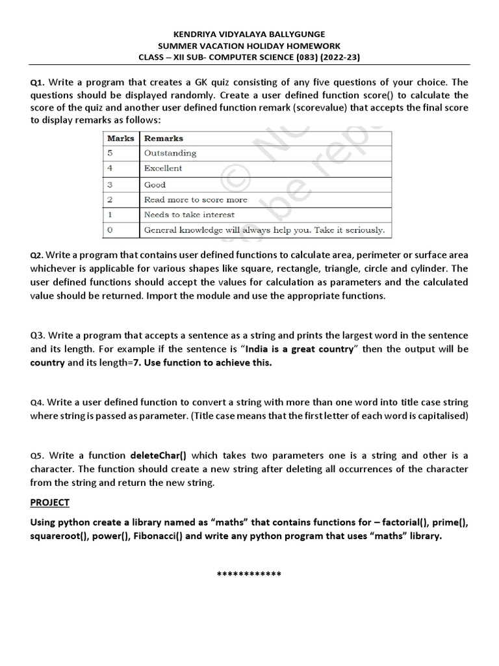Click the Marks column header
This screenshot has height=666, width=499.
pyautogui.click(x=120, y=139)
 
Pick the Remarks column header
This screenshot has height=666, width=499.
pyautogui.click(x=164, y=139)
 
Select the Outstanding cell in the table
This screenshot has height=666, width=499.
pyautogui.click(x=170, y=153)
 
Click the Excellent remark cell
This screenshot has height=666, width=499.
pyautogui.click(x=163, y=168)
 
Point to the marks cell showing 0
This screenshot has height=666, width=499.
pyautogui.click(x=110, y=230)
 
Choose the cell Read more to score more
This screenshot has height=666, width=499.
pyautogui.click(x=196, y=200)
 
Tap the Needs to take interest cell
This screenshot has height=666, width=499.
pyautogui.click(x=189, y=215)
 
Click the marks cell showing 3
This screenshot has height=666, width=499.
pyautogui.click(x=110, y=185)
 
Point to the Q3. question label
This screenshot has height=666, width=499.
pyautogui.click(x=38, y=336)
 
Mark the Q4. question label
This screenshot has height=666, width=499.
pyautogui.click(x=38, y=403)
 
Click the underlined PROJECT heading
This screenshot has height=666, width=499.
pyautogui.click(x=50, y=503)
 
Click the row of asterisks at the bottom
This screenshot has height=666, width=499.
pyautogui.click(x=249, y=575)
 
